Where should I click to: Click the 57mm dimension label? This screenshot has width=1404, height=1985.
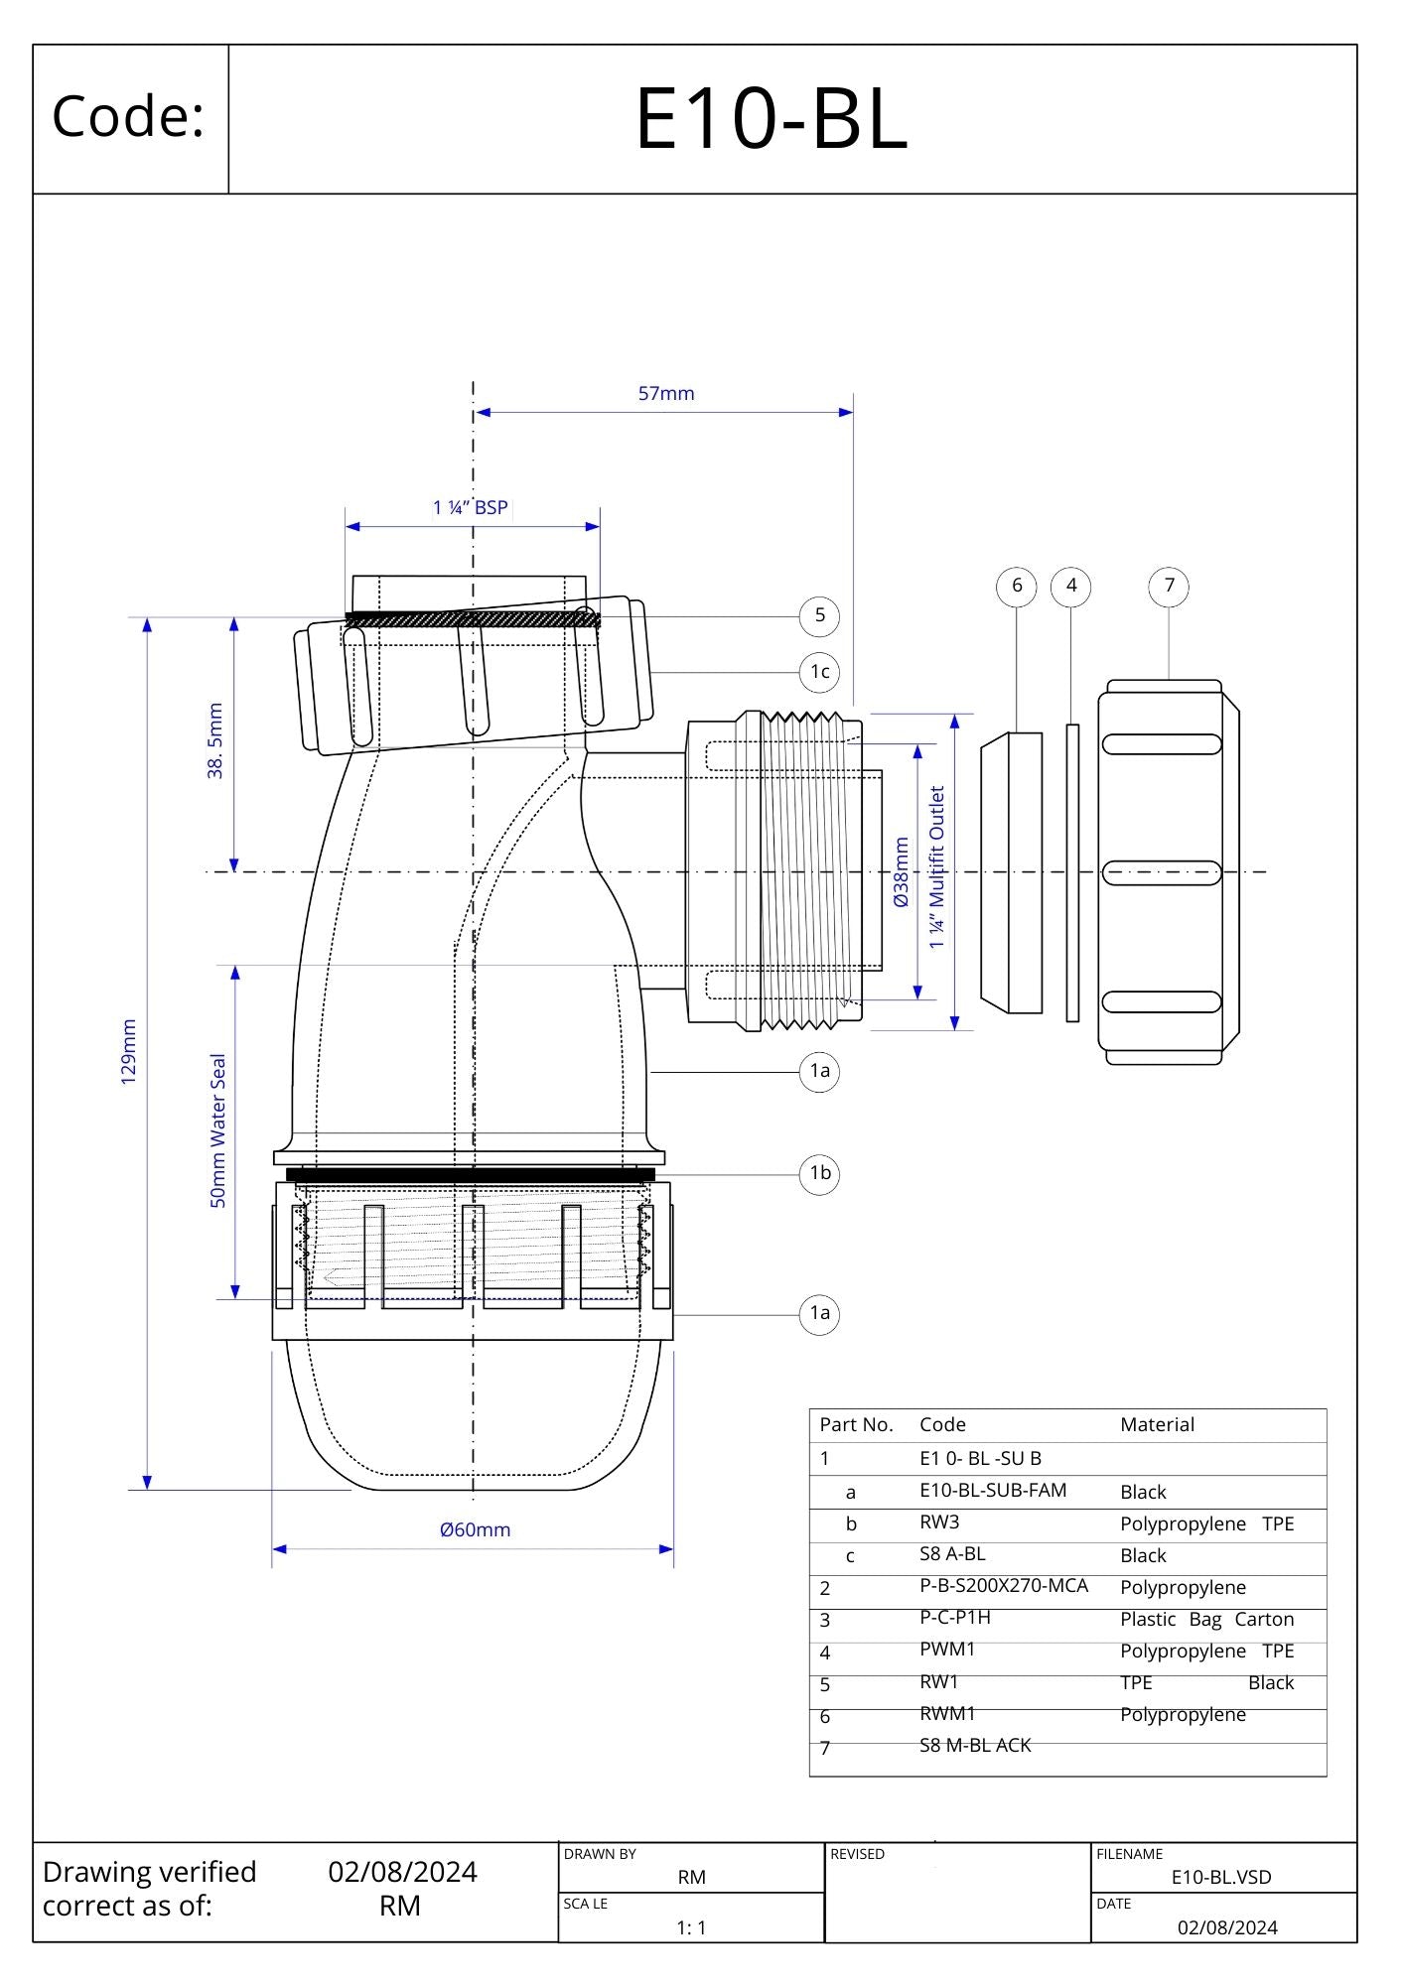666,394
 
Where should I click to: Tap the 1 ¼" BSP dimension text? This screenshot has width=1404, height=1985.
471,508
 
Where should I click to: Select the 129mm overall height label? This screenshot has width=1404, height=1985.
128,1052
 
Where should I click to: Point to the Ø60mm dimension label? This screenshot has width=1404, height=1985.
475,1529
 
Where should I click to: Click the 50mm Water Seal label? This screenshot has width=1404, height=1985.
218,1130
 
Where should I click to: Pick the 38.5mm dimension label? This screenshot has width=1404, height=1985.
215,740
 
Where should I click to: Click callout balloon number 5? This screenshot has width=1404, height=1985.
819,615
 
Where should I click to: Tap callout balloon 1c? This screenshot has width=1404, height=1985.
819,672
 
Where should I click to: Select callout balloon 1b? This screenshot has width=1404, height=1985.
819,1173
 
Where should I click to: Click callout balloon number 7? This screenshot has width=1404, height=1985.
1169,586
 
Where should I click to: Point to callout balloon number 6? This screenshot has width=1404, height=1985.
1016,586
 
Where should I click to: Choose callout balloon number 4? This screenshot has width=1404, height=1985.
1070,586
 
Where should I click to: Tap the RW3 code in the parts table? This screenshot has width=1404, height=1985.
939,1522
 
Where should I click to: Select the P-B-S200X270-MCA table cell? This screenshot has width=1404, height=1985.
1004,1586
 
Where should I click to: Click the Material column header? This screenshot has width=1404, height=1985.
1157,1425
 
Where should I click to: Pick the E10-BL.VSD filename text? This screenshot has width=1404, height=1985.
1221,1877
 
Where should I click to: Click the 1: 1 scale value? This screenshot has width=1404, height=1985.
691,1927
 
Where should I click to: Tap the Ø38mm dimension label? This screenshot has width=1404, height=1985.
902,872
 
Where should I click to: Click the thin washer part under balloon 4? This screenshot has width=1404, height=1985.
1072,872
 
